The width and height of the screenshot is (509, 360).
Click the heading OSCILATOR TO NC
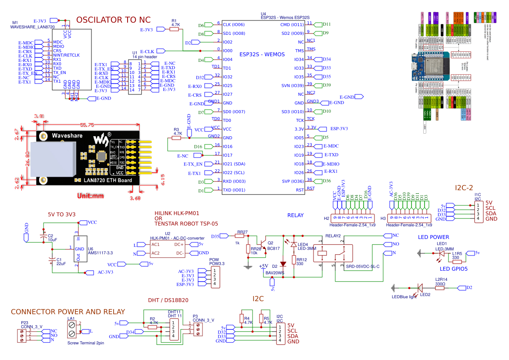pyautogui.click(x=113, y=20)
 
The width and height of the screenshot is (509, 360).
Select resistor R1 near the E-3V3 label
pyautogui.click(x=175, y=29)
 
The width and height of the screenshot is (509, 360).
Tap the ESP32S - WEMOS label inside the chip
pyautogui.click(x=262, y=54)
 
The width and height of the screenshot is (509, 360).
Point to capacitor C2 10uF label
pyautogui.click(x=53, y=238)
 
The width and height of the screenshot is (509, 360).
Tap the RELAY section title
pyautogui.click(x=296, y=215)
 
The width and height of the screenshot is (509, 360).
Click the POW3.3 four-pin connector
pyautogui.click(x=214, y=277)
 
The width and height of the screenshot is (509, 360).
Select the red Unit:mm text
pyautogui.click(x=91, y=195)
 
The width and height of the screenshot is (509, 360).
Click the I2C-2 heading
pyautogui.click(x=464, y=188)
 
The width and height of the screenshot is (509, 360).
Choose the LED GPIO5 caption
pyautogui.click(x=453, y=269)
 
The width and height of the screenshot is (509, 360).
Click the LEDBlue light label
pyautogui.click(x=404, y=297)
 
